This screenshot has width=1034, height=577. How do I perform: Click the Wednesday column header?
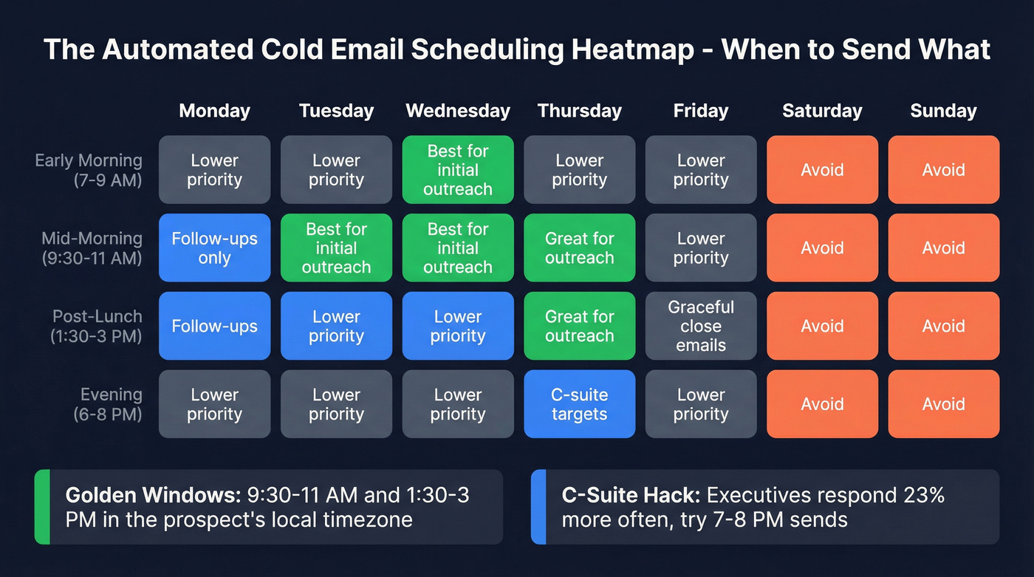(x=458, y=111)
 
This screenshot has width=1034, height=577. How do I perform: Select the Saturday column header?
(x=822, y=111)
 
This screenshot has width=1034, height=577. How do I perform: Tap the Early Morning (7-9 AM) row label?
(x=89, y=170)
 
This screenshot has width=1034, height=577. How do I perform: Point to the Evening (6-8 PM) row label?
(x=108, y=404)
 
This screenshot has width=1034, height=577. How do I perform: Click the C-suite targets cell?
(x=579, y=404)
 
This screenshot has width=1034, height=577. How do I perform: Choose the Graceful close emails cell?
(x=701, y=326)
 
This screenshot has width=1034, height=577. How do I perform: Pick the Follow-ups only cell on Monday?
(x=214, y=248)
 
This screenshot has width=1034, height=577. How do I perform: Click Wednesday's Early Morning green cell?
(x=458, y=170)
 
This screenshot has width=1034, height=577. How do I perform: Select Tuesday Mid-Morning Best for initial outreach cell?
(x=336, y=248)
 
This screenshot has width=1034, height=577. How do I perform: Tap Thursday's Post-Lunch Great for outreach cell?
(x=579, y=326)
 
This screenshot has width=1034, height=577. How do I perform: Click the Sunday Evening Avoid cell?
(x=943, y=404)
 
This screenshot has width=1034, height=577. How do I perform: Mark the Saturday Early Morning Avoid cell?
(x=822, y=170)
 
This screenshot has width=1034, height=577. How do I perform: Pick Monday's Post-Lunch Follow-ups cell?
(x=214, y=326)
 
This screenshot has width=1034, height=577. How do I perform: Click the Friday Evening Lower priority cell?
(x=701, y=404)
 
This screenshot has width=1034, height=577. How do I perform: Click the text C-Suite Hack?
(x=631, y=495)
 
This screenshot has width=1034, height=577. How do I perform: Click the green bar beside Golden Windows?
(x=42, y=507)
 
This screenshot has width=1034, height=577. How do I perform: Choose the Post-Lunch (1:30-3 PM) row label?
(x=97, y=326)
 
